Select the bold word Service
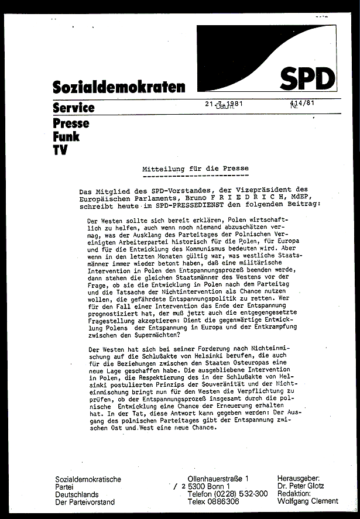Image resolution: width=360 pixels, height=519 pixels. pyautogui.click(x=73, y=108)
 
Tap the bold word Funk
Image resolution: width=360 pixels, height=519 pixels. pyautogui.click(x=64, y=136)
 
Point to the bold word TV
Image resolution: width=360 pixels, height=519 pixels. pyautogui.click(x=60, y=150)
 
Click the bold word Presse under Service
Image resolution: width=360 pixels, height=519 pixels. pyautogui.click(x=71, y=123)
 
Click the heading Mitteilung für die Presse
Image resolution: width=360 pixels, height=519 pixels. pyautogui.click(x=196, y=169)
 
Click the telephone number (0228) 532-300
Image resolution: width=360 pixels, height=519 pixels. pyautogui.click(x=237, y=493)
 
